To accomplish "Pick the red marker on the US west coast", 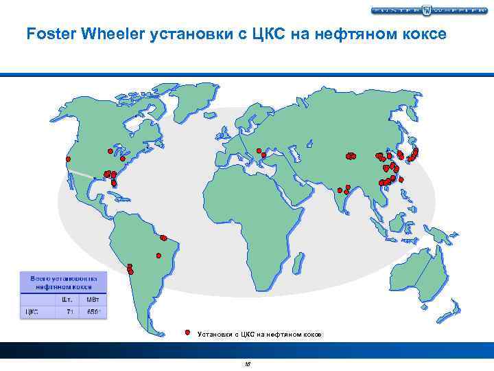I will [68, 159].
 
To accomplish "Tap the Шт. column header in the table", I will [67, 299].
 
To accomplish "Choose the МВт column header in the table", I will [92, 299].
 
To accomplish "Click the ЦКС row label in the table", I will [32, 311].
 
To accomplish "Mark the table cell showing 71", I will [69, 311].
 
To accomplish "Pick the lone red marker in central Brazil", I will [164, 238].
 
